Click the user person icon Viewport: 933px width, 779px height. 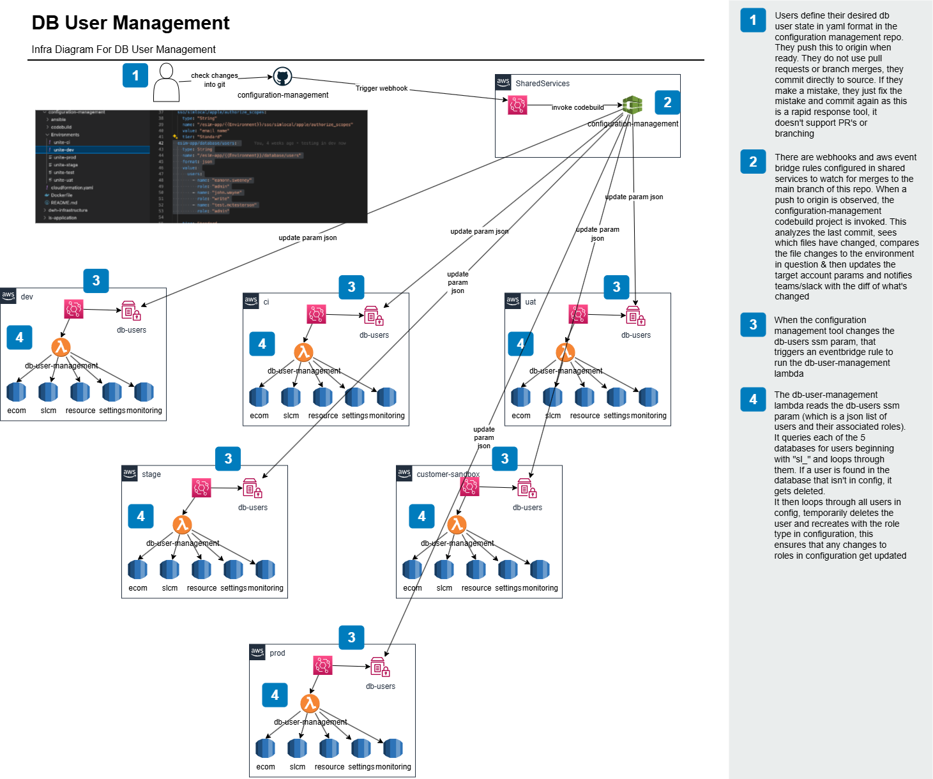coord(166,82)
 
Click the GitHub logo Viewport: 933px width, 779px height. coord(282,77)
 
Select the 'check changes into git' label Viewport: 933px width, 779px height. coord(215,80)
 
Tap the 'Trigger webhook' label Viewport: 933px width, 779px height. coord(382,88)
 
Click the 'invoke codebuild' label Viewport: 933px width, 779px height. coord(578,107)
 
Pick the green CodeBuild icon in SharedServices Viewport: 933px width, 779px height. coord(632,105)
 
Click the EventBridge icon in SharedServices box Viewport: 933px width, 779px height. coord(517,105)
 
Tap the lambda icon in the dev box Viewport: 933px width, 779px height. coord(61,347)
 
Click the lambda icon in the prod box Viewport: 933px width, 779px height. coord(310,703)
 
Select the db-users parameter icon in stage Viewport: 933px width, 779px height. coord(252,489)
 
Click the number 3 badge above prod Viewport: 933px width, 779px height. coord(351,637)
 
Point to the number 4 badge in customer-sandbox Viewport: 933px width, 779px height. coord(421,516)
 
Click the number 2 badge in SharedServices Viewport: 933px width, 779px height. coord(667,102)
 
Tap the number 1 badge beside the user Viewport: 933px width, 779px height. coord(135,75)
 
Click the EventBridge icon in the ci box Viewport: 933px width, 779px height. coord(316,314)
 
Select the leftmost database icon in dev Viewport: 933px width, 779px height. coord(16,391)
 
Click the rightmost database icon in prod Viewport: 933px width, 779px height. coord(393,748)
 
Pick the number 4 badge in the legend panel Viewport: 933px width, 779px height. coord(753,399)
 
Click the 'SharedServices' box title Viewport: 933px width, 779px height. coord(542,84)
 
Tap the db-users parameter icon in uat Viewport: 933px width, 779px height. coord(635,316)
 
